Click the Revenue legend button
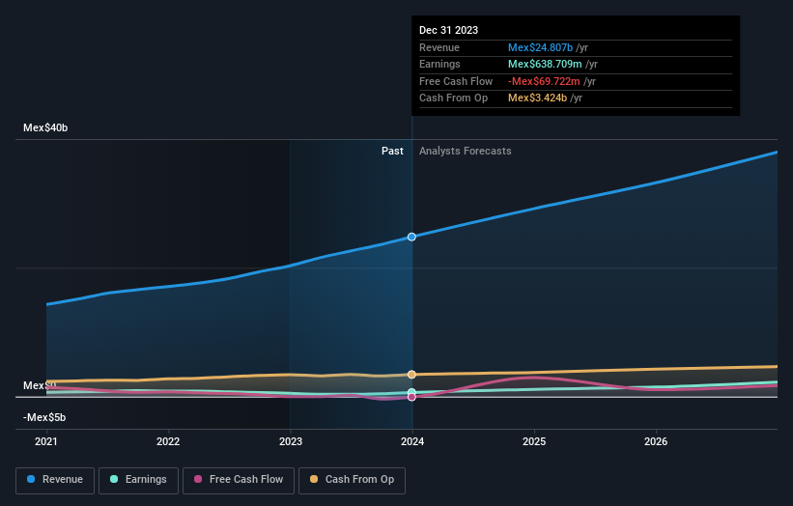[x=55, y=479]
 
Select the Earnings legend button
[x=138, y=479]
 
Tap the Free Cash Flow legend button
[x=239, y=479]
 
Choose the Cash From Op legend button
[x=352, y=479]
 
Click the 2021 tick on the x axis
[x=46, y=442]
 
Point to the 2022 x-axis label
[x=168, y=442]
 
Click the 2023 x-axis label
[x=290, y=442]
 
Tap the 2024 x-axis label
[x=412, y=442]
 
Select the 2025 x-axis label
[x=534, y=442]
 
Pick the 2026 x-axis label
[x=656, y=442]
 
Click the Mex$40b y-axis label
[x=45, y=127]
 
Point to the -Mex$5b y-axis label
[x=45, y=417]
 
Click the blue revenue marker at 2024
[x=412, y=237]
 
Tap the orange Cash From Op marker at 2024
[x=412, y=374]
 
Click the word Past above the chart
[x=392, y=151]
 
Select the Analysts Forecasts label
[x=465, y=151]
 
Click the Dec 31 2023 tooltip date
[x=448, y=31]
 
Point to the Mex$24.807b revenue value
[x=540, y=47]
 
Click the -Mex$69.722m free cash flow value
[x=546, y=81]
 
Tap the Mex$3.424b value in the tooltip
[x=537, y=98]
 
